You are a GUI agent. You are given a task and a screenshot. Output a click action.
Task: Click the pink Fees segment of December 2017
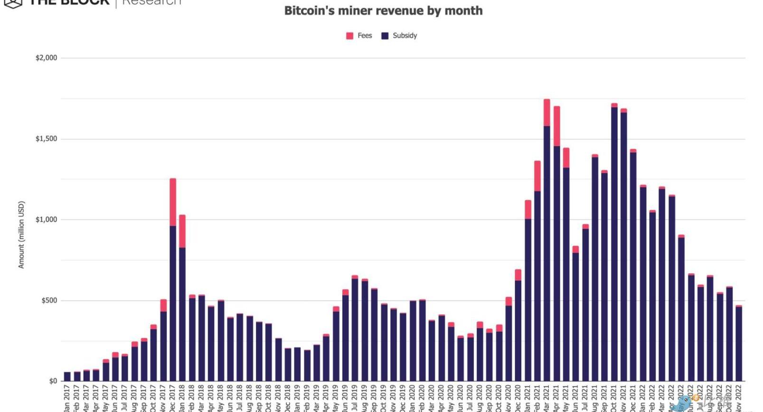(173, 202)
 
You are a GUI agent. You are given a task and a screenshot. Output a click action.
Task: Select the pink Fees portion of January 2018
(182, 231)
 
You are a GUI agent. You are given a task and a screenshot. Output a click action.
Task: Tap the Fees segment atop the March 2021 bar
(546, 112)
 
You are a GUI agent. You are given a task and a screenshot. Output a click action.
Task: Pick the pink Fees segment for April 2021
(556, 126)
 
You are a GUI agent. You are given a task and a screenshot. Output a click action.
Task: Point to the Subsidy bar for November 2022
(738, 344)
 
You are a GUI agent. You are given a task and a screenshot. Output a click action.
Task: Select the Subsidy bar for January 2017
(67, 376)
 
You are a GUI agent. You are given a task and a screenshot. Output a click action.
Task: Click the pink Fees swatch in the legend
(350, 36)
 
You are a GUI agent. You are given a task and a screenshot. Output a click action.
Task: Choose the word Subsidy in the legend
(405, 36)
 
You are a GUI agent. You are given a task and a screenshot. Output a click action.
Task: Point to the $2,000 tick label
(46, 58)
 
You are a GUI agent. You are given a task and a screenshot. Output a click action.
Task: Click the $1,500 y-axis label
(46, 139)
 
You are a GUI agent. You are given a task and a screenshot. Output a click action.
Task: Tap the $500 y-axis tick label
(49, 300)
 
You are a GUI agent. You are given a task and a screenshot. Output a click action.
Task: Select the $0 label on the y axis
(53, 381)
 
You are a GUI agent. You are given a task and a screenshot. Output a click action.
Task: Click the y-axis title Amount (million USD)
(21, 235)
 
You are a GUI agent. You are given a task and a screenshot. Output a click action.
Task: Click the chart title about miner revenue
(383, 10)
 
